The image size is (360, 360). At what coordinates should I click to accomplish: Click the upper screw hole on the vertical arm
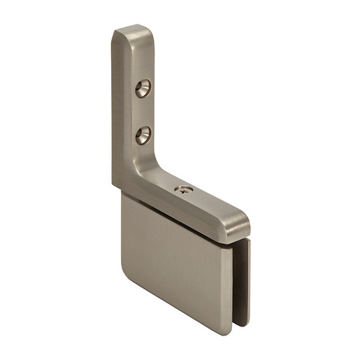pyautogui.click(x=143, y=87)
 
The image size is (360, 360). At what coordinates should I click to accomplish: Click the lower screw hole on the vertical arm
pyautogui.click(x=143, y=134)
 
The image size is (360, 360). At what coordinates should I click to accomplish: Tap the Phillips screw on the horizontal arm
pyautogui.click(x=182, y=190)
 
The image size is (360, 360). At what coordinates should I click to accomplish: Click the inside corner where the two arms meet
pyautogui.click(x=155, y=168)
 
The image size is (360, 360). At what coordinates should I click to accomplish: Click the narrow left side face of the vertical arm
pyautogui.click(x=116, y=105)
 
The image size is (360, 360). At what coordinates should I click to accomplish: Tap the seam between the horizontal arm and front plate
pyautogui.click(x=175, y=217)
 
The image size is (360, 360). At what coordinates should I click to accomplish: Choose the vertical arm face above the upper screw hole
pyautogui.click(x=140, y=56)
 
